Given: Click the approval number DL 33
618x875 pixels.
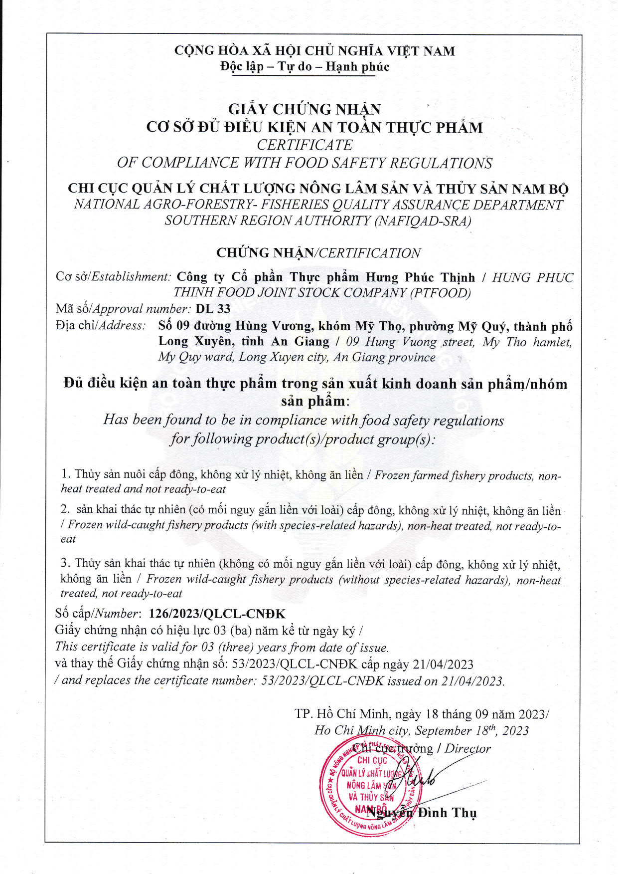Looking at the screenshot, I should tap(213, 309).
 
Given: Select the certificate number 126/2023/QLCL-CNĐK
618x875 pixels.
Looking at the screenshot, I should tap(217, 614).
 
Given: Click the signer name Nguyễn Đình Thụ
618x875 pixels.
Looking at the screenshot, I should tap(422, 813).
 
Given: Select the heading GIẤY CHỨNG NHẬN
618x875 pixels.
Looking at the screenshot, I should tap(305, 109).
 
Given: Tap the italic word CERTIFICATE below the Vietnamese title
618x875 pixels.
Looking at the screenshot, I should tap(305, 145).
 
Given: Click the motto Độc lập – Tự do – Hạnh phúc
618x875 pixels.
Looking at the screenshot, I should tap(305, 67).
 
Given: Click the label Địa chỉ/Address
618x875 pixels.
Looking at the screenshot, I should tap(101, 325).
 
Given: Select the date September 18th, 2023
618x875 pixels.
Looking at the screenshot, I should tap(471, 731).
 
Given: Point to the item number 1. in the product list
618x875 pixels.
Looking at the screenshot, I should tap(66, 474).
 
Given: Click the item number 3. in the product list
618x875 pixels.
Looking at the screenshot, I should tap(66, 563).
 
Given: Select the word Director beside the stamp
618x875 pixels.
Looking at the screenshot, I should tap(467, 748).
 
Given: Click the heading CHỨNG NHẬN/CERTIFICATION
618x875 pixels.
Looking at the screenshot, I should tap(318, 253).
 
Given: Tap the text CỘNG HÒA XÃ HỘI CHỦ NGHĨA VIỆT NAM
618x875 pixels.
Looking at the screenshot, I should tap(314, 51).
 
